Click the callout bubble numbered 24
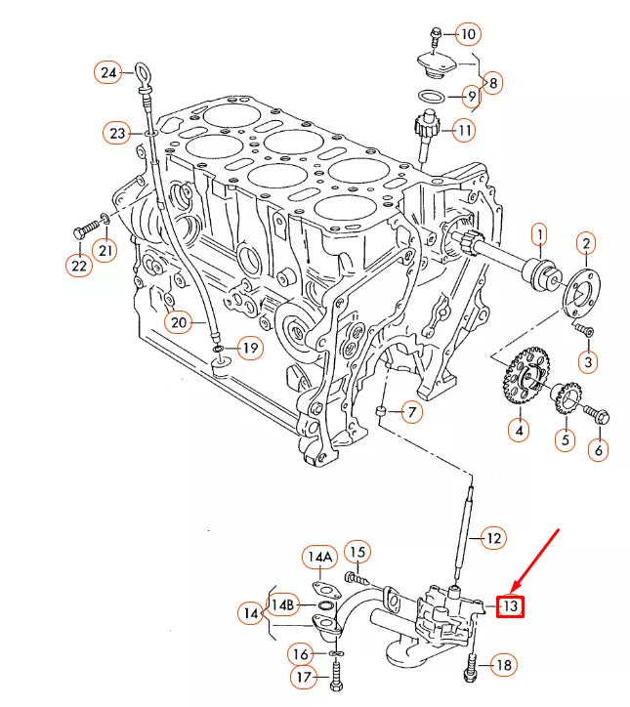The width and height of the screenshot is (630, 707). click(x=107, y=72)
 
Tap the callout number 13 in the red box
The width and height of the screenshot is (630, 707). click(x=510, y=606)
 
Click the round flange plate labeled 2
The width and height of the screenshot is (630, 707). click(x=584, y=288)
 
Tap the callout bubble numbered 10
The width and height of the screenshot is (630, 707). click(x=468, y=34)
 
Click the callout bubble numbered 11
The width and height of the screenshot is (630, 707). click(x=463, y=129)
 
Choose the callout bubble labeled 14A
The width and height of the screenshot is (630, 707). click(x=317, y=558)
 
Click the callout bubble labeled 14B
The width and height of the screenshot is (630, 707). click(x=282, y=605)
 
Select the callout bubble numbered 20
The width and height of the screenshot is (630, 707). click(x=177, y=321)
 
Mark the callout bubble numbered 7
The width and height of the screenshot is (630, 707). click(x=411, y=412)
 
